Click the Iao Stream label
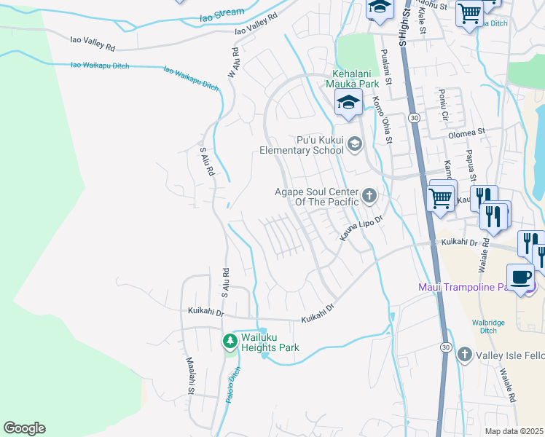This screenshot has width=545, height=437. (219, 13)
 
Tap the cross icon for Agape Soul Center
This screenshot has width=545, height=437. (370, 195)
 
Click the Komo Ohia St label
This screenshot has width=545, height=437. (383, 121)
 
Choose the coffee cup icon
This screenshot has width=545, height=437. (520, 277)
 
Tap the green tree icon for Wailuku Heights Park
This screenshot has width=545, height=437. (230, 340)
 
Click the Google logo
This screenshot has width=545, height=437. (24, 428)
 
